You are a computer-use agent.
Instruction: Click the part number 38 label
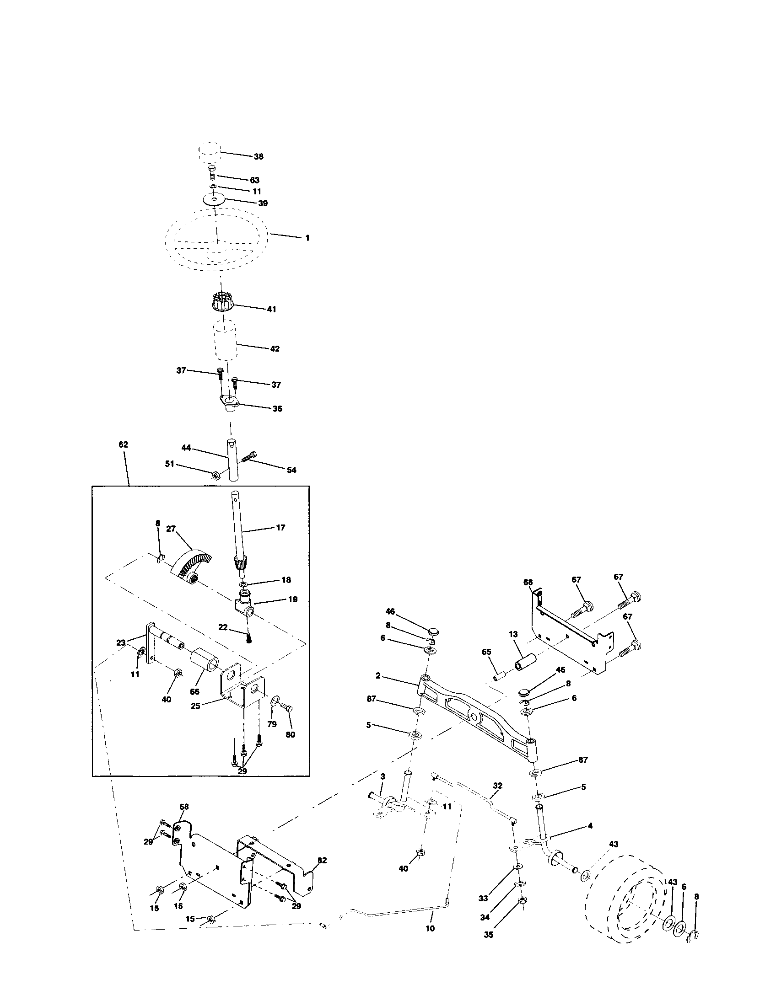(259, 156)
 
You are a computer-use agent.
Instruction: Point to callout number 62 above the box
(123, 445)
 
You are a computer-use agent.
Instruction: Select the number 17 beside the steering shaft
(280, 527)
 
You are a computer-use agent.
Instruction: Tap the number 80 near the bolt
(290, 735)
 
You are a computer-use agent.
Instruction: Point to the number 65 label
(487, 652)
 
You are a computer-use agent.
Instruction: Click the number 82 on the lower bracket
(322, 860)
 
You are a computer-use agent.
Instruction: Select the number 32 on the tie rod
(497, 785)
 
